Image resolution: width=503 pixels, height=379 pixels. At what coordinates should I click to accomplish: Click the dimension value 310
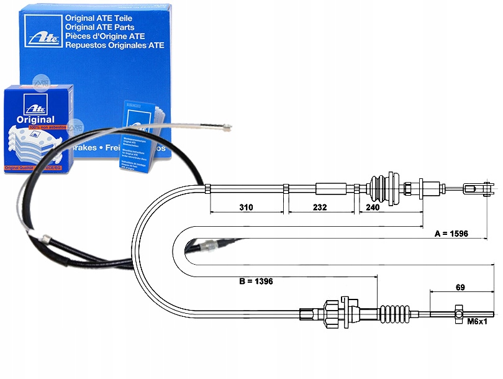pyautogui.click(x=247, y=208)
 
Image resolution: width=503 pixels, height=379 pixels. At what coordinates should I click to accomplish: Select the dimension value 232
pyautogui.click(x=320, y=208)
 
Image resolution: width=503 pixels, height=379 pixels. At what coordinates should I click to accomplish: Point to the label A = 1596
pyautogui.click(x=451, y=234)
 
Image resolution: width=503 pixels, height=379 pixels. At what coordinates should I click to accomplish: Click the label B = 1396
pyautogui.click(x=256, y=281)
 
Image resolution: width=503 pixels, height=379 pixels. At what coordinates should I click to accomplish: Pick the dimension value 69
pyautogui.click(x=460, y=288)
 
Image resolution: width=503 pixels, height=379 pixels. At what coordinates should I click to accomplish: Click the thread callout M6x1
pyautogui.click(x=478, y=322)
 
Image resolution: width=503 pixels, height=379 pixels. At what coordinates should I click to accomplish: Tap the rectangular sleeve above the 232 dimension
pyautogui.click(x=331, y=188)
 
